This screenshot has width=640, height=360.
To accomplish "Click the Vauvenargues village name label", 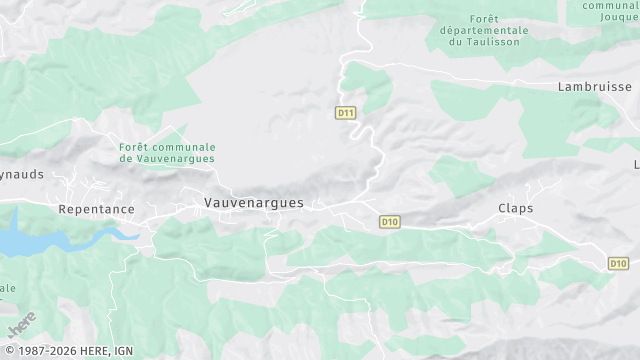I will click(x=253, y=203).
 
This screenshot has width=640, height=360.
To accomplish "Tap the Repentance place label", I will click(x=96, y=209).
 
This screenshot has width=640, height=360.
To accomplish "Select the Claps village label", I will click(x=515, y=208).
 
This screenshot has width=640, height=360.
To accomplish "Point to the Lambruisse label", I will click(x=595, y=87).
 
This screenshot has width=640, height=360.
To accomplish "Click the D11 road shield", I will click(x=346, y=113).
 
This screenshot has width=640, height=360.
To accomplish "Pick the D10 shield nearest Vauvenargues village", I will click(x=390, y=221).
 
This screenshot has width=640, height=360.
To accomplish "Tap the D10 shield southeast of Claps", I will click(x=618, y=263).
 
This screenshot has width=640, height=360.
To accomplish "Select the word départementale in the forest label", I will click(x=483, y=30).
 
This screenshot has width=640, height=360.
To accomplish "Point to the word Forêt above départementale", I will click(x=483, y=18).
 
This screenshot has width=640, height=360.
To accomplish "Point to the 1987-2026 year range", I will click(x=37, y=351).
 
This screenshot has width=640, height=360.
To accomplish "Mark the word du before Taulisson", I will click(x=456, y=42).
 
